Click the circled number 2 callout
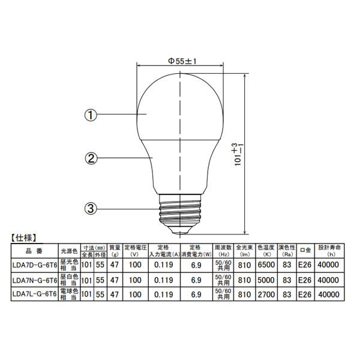[91, 158]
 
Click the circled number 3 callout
[91, 209]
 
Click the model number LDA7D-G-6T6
[34, 265]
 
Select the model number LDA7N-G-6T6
[34, 280]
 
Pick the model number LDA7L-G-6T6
[34, 295]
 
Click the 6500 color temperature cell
[266, 265]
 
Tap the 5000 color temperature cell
[266, 280]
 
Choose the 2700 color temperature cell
[266, 295]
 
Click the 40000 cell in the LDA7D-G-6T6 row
[329, 265]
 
